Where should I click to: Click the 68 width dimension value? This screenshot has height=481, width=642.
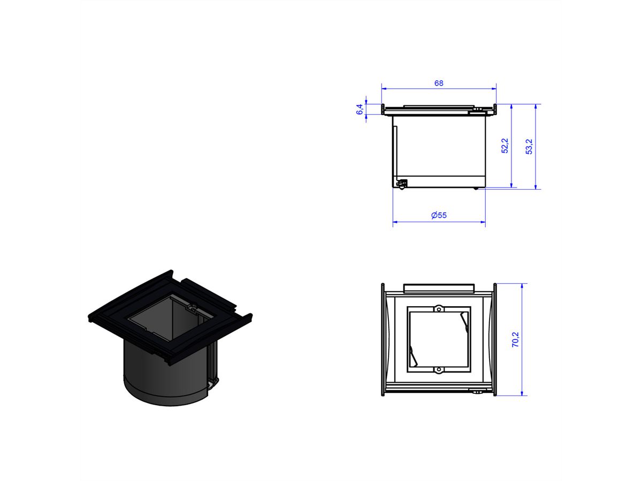click(x=439, y=83)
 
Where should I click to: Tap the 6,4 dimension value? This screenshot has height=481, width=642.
click(x=360, y=109)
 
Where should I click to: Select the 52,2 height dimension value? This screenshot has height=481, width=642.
click(x=505, y=146)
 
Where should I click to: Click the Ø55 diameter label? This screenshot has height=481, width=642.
click(x=439, y=215)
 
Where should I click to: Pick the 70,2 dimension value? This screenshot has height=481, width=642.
click(x=515, y=339)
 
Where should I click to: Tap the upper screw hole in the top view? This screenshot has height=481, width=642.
click(x=439, y=309)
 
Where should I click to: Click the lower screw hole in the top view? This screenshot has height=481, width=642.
click(x=439, y=369)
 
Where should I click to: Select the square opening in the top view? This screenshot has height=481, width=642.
click(x=439, y=339)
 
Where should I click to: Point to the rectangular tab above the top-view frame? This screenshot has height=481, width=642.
click(x=439, y=288)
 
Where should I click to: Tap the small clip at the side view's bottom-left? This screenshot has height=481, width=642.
click(x=401, y=184)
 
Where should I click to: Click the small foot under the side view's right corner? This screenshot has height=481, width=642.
click(x=476, y=188)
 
